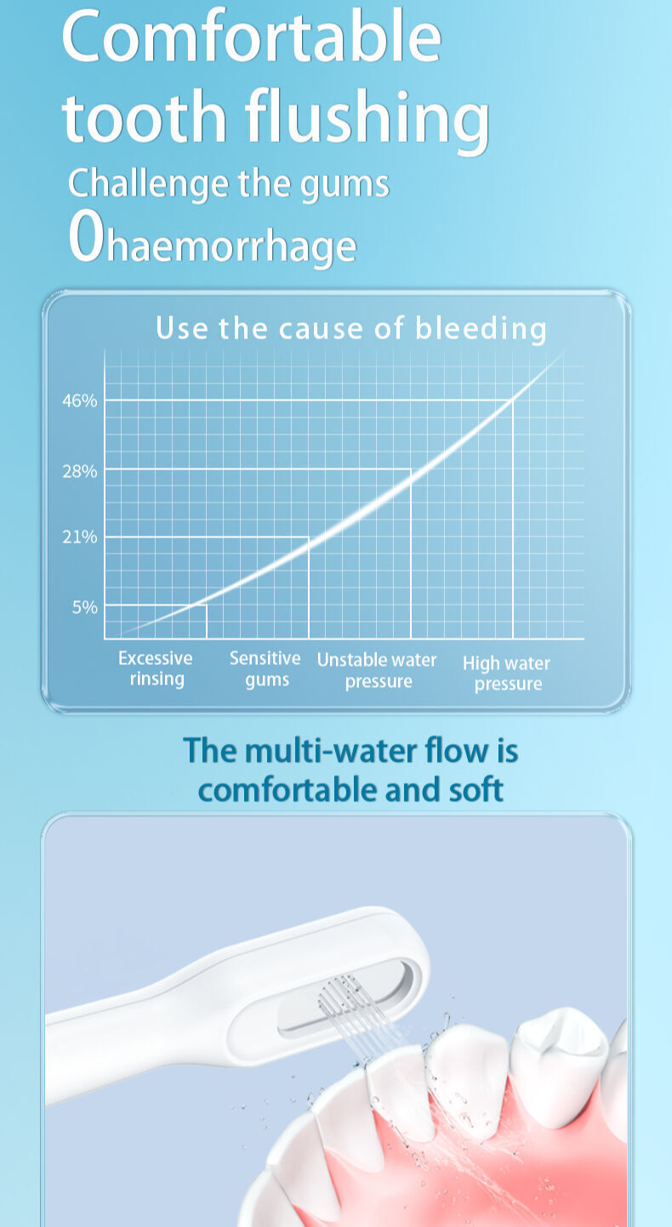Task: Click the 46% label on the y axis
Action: (79, 401)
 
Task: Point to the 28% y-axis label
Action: (79, 471)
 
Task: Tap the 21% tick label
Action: (79, 537)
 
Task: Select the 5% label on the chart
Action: (85, 607)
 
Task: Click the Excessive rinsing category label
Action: (156, 668)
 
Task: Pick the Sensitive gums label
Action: (265, 669)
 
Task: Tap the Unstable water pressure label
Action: (377, 670)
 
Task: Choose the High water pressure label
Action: (506, 673)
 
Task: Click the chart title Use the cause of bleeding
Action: (351, 329)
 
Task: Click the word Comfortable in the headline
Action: (252, 37)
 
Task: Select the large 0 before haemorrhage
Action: (87, 236)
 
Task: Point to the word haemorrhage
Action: (231, 246)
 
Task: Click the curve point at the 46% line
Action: (513, 400)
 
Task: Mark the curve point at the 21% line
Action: (309, 537)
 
